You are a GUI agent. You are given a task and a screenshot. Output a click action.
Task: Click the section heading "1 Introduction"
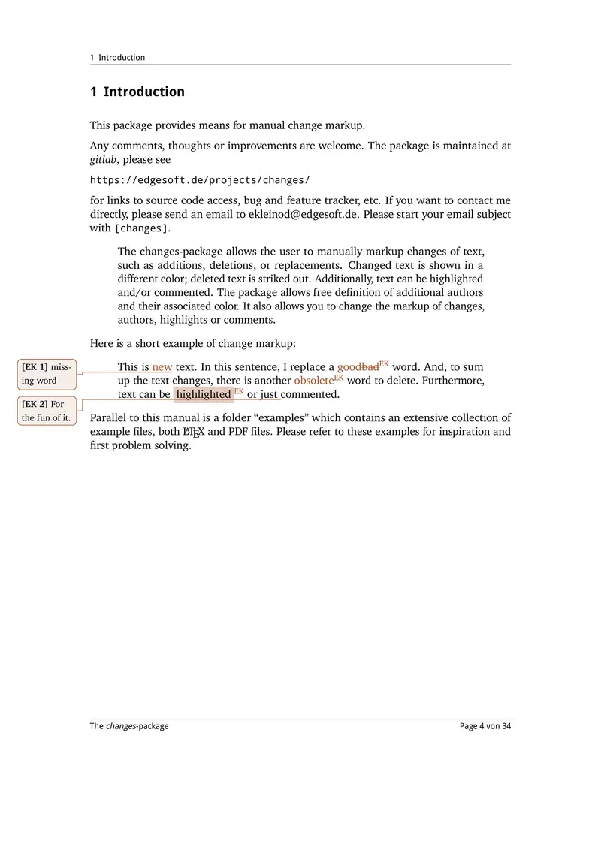pyautogui.click(x=137, y=92)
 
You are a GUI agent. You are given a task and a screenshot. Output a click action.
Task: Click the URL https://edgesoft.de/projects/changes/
pyautogui.click(x=199, y=180)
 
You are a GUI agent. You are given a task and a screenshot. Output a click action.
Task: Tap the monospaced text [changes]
pyautogui.click(x=142, y=228)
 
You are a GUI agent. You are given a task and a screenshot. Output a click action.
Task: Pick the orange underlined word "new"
pyautogui.click(x=162, y=367)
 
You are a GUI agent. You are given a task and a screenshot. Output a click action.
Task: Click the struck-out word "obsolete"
pyautogui.click(x=313, y=381)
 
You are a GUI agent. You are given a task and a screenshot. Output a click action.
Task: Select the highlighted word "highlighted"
pyautogui.click(x=203, y=394)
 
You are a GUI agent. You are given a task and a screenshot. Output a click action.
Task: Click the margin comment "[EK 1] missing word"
pyautogui.click(x=47, y=374)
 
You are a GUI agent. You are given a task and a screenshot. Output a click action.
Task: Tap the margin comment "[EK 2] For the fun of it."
pyautogui.click(x=47, y=411)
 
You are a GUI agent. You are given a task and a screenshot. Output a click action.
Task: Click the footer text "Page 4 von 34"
pyautogui.click(x=485, y=726)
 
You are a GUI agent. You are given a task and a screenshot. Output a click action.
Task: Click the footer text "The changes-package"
pyautogui.click(x=129, y=726)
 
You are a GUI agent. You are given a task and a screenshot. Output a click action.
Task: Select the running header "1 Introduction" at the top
pyautogui.click(x=117, y=58)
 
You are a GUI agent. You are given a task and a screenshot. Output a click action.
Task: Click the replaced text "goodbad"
pyautogui.click(x=358, y=367)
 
